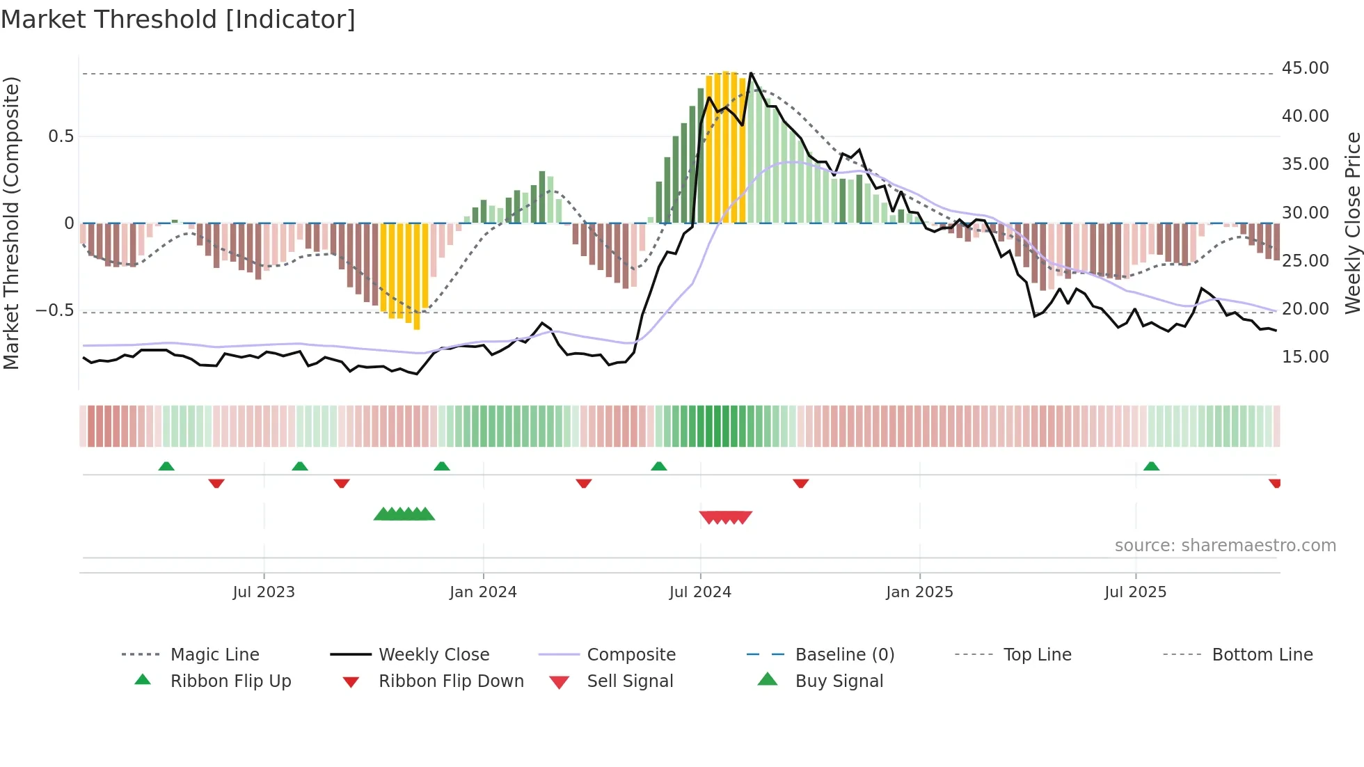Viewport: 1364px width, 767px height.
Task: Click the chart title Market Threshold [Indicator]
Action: click(178, 19)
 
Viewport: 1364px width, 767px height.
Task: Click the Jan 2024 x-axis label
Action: click(483, 592)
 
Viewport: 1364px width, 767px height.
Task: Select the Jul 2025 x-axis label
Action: click(1135, 592)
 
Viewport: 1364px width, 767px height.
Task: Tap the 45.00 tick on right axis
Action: click(1305, 68)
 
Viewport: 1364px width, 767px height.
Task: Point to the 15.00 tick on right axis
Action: click(1305, 357)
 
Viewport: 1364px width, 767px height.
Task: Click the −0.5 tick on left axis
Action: click(54, 310)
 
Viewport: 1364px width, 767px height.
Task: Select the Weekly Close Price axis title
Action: click(1352, 223)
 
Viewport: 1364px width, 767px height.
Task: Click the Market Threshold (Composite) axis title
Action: click(11, 223)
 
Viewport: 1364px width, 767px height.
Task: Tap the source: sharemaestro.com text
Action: click(1225, 546)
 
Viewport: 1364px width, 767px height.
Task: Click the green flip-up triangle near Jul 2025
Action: click(1151, 466)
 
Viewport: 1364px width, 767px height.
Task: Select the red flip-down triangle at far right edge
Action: click(1274, 483)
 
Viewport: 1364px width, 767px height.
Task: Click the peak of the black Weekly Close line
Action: click(751, 73)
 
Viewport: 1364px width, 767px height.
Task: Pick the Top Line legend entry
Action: click(1037, 655)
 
